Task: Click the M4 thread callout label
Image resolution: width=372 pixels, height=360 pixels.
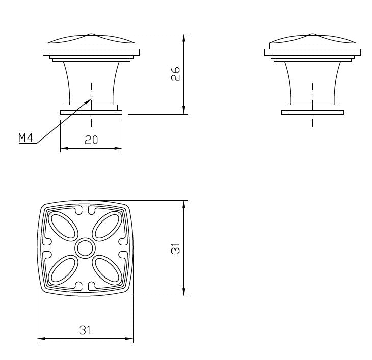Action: coord(26,138)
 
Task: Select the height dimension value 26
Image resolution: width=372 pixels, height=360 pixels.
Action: coord(175,74)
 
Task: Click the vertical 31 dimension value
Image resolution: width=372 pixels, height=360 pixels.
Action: coord(175,248)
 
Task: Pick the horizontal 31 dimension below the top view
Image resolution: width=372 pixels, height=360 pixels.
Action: coord(85,330)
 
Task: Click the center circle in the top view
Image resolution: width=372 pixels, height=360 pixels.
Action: coord(85,248)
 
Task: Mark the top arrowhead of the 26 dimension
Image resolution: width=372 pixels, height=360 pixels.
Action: coord(183,36)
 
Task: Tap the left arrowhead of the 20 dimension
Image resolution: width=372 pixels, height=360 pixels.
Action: coord(62,149)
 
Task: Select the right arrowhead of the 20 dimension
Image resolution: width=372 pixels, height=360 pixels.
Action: coord(121,149)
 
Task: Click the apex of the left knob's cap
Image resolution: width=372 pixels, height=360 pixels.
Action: coord(91,35)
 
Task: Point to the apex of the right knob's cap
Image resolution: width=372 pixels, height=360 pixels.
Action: coord(312,35)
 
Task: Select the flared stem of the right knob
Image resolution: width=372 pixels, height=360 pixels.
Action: coord(312,81)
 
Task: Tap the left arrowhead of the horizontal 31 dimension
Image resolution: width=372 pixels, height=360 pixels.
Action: coord(38,338)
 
